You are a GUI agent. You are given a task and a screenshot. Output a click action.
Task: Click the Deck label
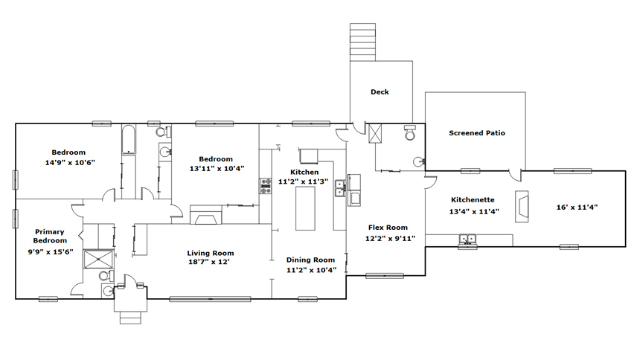coord(380,91)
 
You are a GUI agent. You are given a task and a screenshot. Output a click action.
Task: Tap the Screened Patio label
coord(477,133)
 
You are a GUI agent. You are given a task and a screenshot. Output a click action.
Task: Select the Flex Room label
coord(388,228)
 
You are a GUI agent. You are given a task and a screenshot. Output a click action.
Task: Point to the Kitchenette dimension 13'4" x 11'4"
coord(474,211)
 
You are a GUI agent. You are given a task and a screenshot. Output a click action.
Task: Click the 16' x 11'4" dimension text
coord(577,207)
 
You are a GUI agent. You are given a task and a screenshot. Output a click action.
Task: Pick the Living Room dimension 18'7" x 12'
coord(208,262)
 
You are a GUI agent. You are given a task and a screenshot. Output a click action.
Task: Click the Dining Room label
coord(310,260)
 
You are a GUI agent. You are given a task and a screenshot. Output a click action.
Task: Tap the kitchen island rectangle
coord(305,210)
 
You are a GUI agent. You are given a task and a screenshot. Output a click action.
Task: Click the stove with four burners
coord(266,186)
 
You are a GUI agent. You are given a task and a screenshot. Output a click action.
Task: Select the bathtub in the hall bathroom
coord(129,140)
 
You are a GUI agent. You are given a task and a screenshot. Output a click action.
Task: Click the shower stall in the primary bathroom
coord(98,259)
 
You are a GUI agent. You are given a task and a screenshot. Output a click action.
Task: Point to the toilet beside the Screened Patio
coord(410,132)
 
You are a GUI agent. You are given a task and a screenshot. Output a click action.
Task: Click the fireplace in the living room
coord(206,215)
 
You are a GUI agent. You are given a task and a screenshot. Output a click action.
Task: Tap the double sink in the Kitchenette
coord(468,240)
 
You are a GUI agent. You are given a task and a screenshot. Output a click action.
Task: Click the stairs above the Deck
coord(362,42)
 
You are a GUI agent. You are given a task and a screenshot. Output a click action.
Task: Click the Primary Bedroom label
coord(50,236)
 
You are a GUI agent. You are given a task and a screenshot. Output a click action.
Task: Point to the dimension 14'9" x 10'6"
coord(70,162)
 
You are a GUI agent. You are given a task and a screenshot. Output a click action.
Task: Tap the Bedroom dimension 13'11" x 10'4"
coord(217,168)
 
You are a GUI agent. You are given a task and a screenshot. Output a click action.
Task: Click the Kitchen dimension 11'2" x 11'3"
coord(304,181)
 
